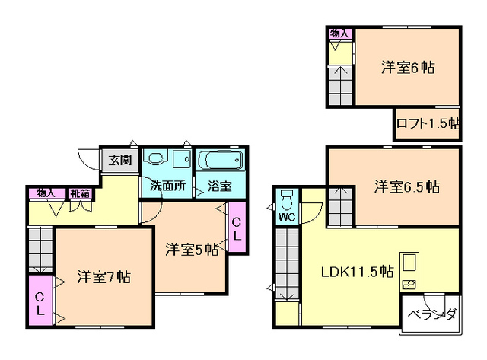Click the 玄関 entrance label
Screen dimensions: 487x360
click(x=120, y=161)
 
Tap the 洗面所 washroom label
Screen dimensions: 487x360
click(x=167, y=186)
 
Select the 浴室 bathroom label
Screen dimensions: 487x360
click(x=219, y=186)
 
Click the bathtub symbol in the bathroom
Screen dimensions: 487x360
click(x=220, y=160)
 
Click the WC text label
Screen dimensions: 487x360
click(x=287, y=217)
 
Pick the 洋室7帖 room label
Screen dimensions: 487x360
click(x=103, y=277)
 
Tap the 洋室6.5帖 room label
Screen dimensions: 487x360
click(x=407, y=186)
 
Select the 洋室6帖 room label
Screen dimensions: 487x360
click(x=408, y=68)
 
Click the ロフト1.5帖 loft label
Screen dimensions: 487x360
click(x=428, y=123)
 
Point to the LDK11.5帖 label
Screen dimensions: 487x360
click(x=357, y=272)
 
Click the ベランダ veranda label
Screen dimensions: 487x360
click(x=432, y=314)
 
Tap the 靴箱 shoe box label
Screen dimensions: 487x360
click(x=80, y=193)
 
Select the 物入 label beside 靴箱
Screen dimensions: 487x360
click(x=46, y=193)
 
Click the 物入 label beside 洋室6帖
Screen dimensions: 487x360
click(x=340, y=33)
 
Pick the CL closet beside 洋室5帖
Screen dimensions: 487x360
click(x=237, y=228)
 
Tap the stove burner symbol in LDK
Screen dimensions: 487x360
click(x=409, y=285)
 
